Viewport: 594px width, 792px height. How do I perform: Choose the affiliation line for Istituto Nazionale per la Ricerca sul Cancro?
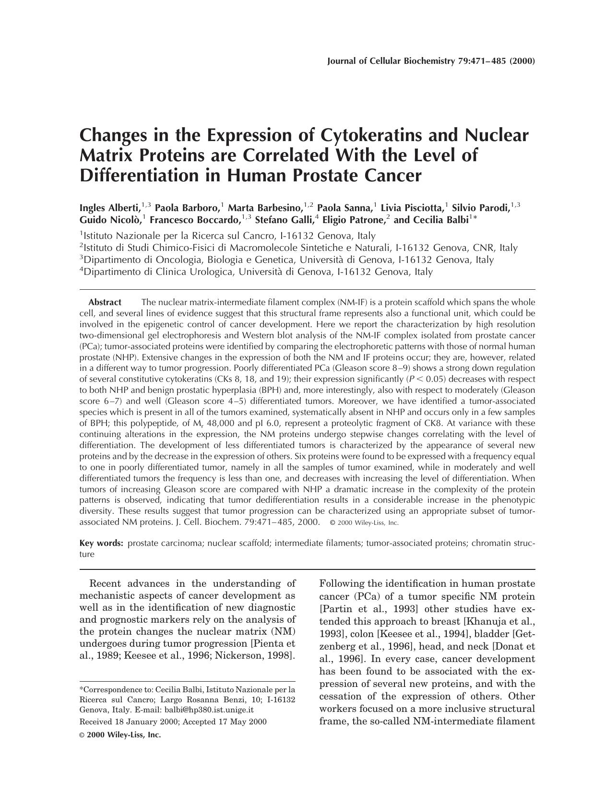227,236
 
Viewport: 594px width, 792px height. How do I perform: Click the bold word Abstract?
105,302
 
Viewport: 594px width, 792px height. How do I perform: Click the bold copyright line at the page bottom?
120,735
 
